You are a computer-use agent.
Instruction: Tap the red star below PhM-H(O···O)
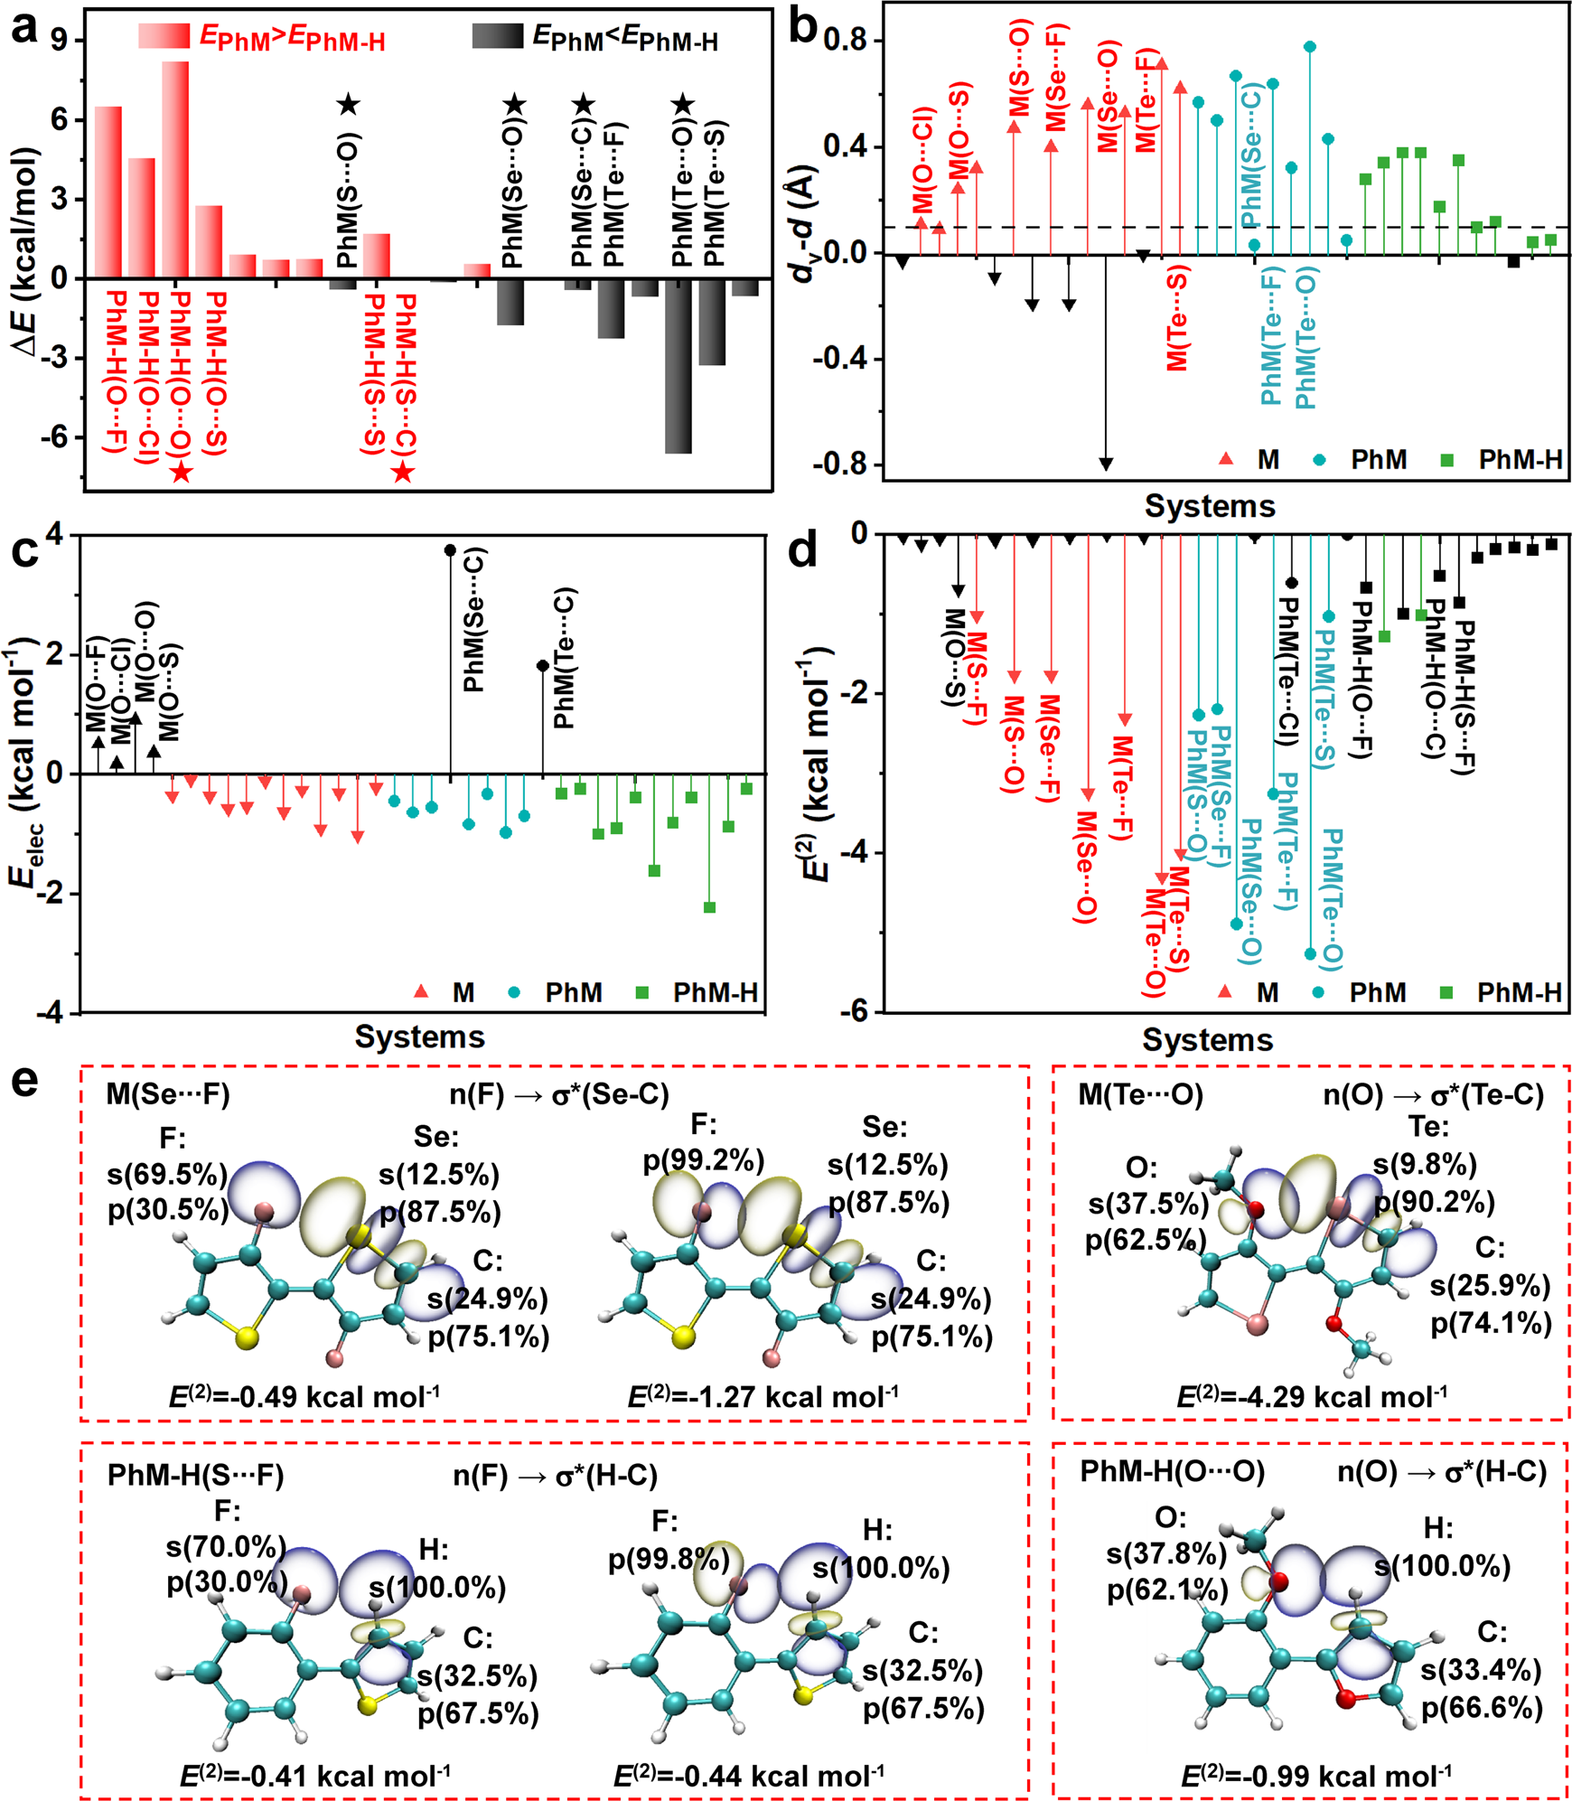click(x=181, y=471)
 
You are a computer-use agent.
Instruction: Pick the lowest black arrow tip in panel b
click(x=1106, y=464)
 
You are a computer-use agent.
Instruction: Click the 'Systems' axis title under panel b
click(x=1210, y=506)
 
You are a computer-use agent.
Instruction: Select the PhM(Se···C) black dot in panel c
click(x=450, y=550)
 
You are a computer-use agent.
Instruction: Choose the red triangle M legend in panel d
click(x=1225, y=991)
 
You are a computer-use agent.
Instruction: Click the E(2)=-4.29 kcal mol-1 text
click(x=1311, y=1396)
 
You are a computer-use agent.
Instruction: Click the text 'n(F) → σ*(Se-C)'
click(x=559, y=1094)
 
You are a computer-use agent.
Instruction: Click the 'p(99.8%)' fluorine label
click(x=669, y=1560)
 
